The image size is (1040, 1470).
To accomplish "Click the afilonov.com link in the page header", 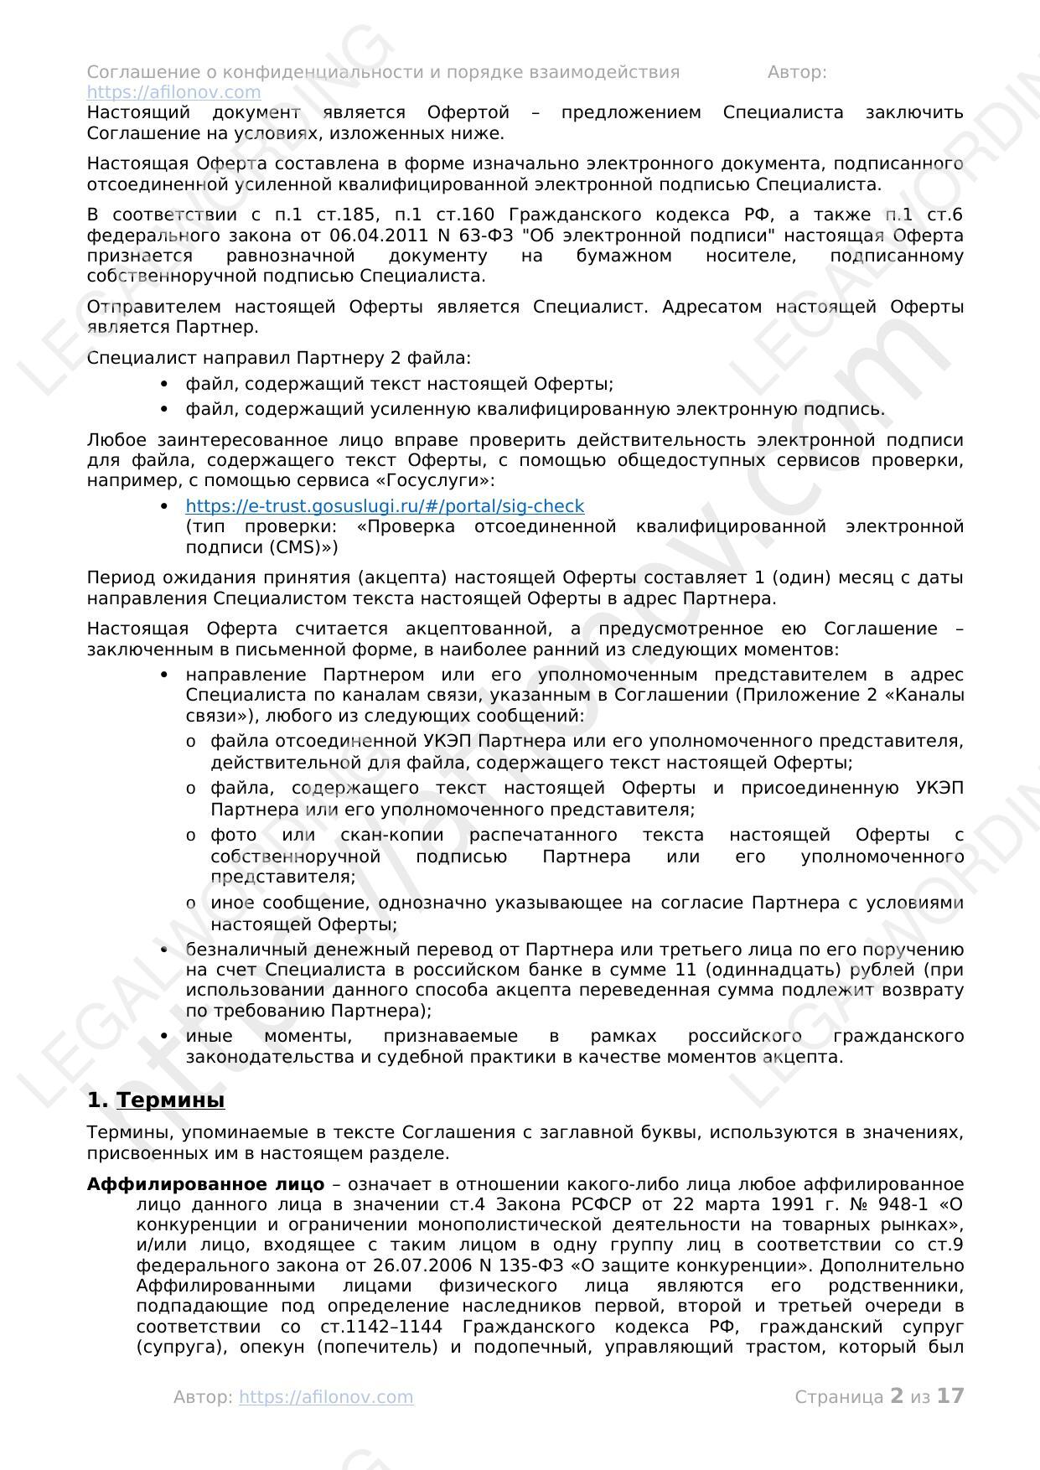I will (x=173, y=92).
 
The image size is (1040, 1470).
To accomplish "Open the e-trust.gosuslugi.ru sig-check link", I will (x=385, y=506).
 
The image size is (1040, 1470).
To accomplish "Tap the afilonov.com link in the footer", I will (x=326, y=1397).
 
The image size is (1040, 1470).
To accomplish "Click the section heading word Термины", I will (x=170, y=1100).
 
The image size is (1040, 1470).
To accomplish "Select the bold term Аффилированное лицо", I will (x=205, y=1184).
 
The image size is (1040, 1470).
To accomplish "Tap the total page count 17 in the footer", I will (x=950, y=1396).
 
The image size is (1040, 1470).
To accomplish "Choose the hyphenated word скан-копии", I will (x=394, y=835).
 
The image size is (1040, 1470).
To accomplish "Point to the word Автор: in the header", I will (x=797, y=72).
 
